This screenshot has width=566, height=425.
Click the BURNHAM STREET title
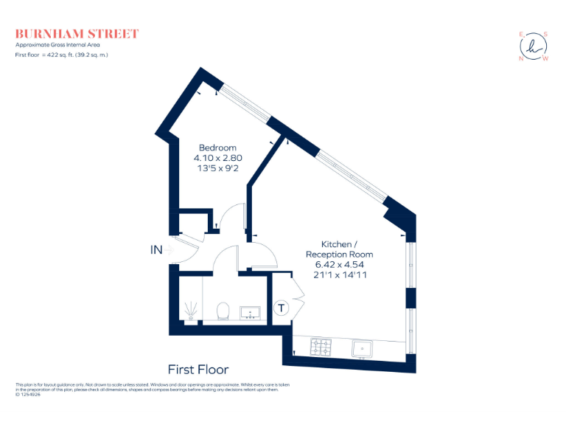(77, 34)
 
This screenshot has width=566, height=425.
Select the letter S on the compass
(545, 33)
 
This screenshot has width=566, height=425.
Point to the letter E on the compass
(521, 34)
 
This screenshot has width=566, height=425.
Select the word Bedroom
(217, 148)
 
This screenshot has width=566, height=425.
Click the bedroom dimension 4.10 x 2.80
(217, 158)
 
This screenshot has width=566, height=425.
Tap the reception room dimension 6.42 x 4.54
(339, 264)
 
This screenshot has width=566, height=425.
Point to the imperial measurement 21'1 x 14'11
(339, 274)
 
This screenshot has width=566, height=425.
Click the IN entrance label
(156, 250)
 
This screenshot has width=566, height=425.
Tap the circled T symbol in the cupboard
(282, 308)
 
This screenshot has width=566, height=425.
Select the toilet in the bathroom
(225, 311)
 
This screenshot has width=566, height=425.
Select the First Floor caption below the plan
(198, 370)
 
